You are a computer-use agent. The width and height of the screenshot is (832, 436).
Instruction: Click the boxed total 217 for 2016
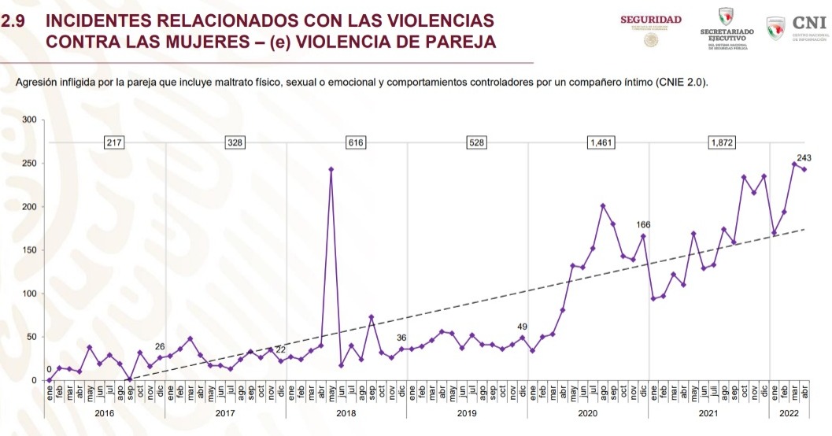(115, 142)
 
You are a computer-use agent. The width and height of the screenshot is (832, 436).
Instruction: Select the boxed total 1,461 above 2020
(601, 142)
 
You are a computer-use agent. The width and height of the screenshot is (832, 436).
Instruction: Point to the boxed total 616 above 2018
(357, 142)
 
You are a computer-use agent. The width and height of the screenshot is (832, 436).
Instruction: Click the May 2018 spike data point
(331, 169)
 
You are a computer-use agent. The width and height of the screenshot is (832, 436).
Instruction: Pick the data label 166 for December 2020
(644, 225)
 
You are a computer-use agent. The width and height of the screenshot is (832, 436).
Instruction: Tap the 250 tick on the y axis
(30, 164)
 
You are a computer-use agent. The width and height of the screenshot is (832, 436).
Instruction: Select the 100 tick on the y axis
(30, 294)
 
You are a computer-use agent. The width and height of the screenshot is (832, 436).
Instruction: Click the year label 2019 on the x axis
(468, 412)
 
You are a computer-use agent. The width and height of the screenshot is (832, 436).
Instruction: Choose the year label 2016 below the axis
(105, 412)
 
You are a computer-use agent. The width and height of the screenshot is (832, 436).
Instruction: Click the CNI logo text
(810, 23)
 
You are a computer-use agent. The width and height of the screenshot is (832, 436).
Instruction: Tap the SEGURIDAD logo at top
(651, 19)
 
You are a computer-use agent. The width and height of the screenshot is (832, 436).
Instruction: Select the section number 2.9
(16, 20)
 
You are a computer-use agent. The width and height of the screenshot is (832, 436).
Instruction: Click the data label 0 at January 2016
(49, 369)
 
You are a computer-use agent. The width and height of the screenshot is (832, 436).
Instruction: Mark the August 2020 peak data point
(602, 205)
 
